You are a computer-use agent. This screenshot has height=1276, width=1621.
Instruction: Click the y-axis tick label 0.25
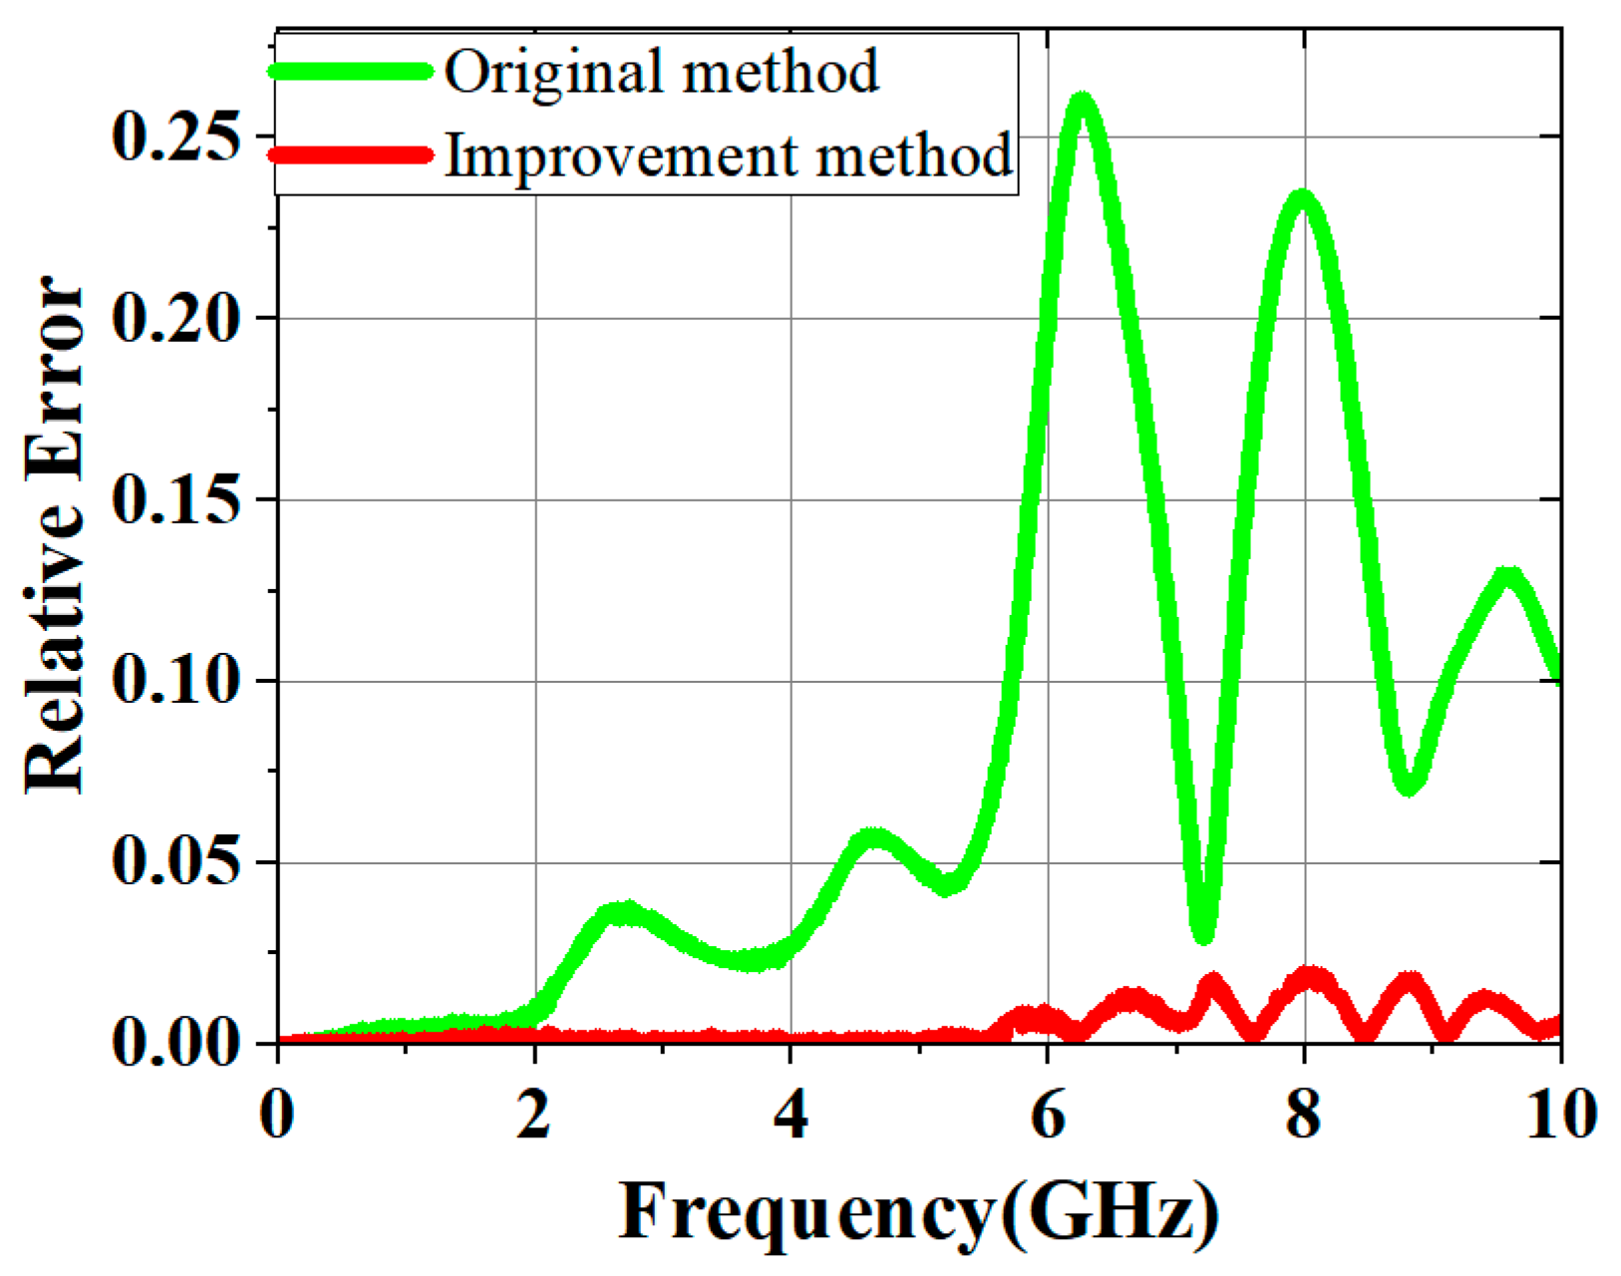click(x=176, y=137)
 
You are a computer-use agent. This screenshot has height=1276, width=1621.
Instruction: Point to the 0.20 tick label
click(x=176, y=318)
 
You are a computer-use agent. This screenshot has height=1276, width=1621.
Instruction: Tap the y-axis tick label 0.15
click(x=176, y=499)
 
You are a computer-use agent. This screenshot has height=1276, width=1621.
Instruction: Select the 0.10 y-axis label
click(x=176, y=681)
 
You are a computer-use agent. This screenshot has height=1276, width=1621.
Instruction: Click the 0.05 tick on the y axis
click(x=176, y=862)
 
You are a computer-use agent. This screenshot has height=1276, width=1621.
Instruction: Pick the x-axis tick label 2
click(x=534, y=1114)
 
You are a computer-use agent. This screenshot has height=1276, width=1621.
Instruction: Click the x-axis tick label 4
click(x=791, y=1114)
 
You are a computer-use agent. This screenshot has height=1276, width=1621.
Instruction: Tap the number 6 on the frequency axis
click(x=1048, y=1114)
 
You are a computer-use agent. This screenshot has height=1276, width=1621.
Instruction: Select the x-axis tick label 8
click(x=1304, y=1114)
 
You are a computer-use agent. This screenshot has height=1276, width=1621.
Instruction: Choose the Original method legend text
click(x=662, y=72)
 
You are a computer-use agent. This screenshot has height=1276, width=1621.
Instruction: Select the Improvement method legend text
click(x=729, y=157)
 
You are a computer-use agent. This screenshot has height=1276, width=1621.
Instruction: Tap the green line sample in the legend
click(x=351, y=71)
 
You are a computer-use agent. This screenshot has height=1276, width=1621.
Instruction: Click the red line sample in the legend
click(x=351, y=155)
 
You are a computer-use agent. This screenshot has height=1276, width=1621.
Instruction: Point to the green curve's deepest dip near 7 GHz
click(x=1203, y=934)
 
